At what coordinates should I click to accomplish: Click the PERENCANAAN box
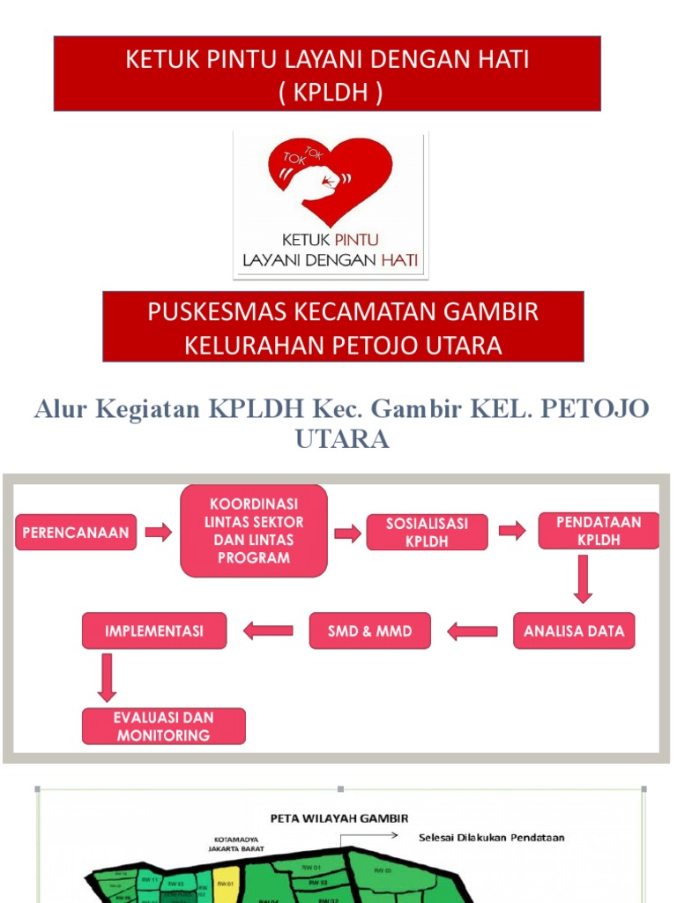pos(76,532)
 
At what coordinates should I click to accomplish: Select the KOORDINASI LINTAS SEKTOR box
pos(253,529)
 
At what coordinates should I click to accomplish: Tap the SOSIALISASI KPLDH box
pos(427,533)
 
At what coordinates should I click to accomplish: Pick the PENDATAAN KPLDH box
pos(599,531)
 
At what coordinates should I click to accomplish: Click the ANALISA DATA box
pos(574,631)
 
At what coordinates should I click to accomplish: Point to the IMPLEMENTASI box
pos(154,631)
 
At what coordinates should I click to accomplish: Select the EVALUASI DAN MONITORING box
pos(163,726)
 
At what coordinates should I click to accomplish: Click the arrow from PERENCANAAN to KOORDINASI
pos(159,532)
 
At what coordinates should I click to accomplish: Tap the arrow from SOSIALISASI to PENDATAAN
pos(512,531)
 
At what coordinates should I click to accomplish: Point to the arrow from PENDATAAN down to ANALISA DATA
pos(584,579)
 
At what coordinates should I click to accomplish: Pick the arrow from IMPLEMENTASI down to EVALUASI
pos(108,678)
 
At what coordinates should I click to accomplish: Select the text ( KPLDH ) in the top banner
pos(328,93)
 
